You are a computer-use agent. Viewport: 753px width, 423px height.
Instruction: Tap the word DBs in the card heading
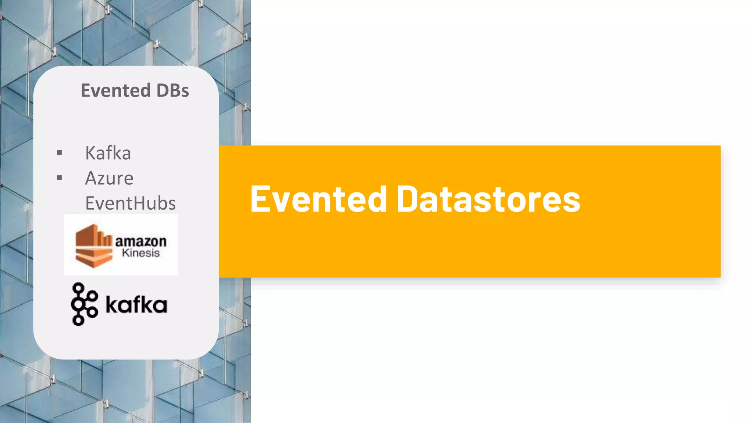[x=172, y=90]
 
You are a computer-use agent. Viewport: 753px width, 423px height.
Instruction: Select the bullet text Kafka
[x=108, y=153]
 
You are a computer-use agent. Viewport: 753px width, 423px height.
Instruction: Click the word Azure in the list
[x=109, y=178]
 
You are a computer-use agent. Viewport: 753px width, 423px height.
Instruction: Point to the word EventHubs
[x=131, y=203]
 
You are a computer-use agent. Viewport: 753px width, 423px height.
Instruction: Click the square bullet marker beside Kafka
[x=60, y=153]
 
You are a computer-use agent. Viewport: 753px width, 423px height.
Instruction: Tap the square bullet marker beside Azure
[x=60, y=178]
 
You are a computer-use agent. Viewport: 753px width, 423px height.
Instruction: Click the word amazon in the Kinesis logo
[x=141, y=241]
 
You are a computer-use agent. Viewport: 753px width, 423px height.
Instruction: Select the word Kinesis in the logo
[x=141, y=253]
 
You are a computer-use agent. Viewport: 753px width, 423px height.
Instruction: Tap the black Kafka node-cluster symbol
[x=84, y=304]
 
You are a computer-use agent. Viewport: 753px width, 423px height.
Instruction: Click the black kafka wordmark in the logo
[x=136, y=305]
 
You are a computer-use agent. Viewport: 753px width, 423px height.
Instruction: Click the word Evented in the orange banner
[x=318, y=199]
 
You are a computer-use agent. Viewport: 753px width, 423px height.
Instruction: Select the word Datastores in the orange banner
[x=488, y=199]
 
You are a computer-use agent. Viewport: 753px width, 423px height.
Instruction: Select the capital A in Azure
[x=91, y=178]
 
